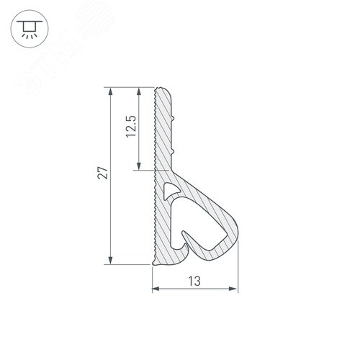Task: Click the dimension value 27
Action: [103, 173]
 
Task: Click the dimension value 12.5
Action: [131, 127]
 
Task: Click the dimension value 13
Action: [194, 282]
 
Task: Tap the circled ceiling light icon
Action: [30, 29]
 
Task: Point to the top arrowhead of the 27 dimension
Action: [110, 91]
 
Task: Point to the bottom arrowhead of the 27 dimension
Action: [110, 261]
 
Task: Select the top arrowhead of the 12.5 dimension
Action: [139, 91]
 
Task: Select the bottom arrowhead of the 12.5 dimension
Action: [139, 166]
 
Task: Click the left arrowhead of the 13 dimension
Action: [156, 289]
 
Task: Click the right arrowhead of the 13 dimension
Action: [233, 289]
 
